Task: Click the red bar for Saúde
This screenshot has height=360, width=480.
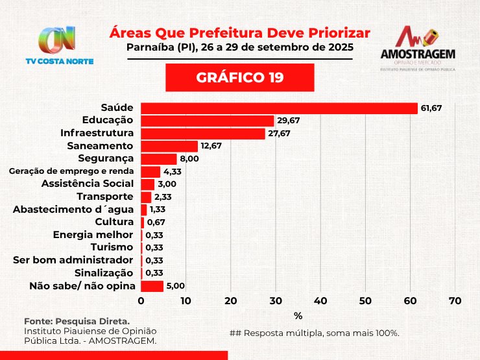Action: point(279,108)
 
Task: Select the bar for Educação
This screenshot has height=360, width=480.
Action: point(208,121)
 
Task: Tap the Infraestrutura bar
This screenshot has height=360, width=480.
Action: point(203,134)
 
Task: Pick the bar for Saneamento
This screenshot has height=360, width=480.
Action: point(169,146)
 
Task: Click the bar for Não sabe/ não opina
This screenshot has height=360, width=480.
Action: point(152,286)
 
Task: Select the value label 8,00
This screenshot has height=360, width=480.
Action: point(189,159)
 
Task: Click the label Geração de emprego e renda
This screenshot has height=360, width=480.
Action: point(71,171)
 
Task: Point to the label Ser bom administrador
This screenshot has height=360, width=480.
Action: point(73,260)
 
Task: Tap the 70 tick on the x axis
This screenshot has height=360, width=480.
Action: point(455,301)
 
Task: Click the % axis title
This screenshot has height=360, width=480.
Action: point(298,316)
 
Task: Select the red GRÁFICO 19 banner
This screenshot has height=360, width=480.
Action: point(240,78)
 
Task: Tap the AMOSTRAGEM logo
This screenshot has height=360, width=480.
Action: point(418,48)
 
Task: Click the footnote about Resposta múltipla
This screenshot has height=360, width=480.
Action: point(314,333)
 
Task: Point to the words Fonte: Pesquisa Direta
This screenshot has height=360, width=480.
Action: point(77,321)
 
